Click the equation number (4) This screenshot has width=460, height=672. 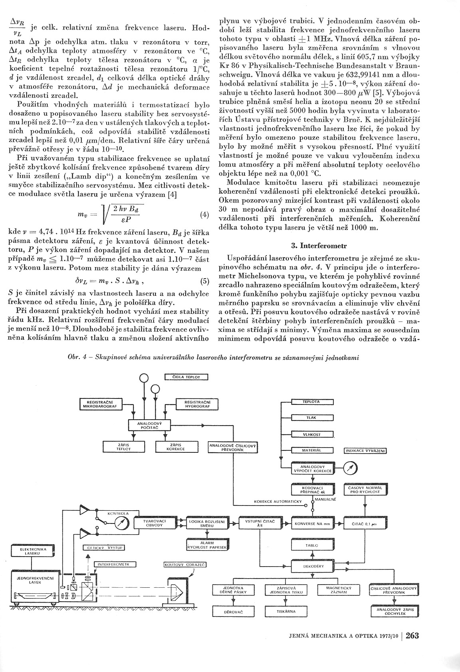pyautogui.click(x=204, y=214)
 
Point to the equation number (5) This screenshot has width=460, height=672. pyautogui.click(x=204, y=281)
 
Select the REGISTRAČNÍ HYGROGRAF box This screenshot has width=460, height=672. pyautogui.click(x=195, y=404)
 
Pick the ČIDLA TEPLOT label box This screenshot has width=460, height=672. pyautogui.click(x=187, y=377)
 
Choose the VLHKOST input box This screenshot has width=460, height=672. pyautogui.click(x=312, y=434)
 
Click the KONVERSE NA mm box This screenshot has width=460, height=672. pyautogui.click(x=312, y=523)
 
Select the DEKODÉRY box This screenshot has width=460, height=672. pyautogui.click(x=312, y=566)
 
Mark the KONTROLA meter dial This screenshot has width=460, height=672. pyautogui.click(x=119, y=522)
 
